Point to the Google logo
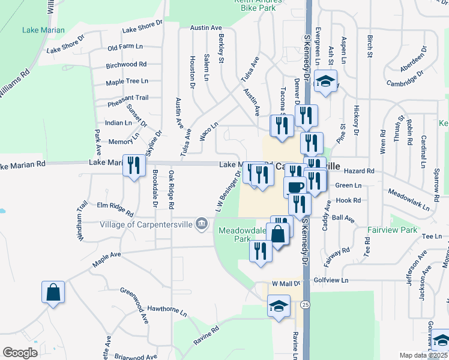coord(20,353)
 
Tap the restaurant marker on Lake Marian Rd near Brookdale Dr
coord(134,165)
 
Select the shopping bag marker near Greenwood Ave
coord(53,292)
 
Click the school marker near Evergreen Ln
coord(325,81)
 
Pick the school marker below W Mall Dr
coord(279,306)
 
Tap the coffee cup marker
coord(295,187)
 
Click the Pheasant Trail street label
coord(128,97)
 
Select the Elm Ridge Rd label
coord(114,208)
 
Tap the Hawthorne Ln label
coord(167,310)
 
